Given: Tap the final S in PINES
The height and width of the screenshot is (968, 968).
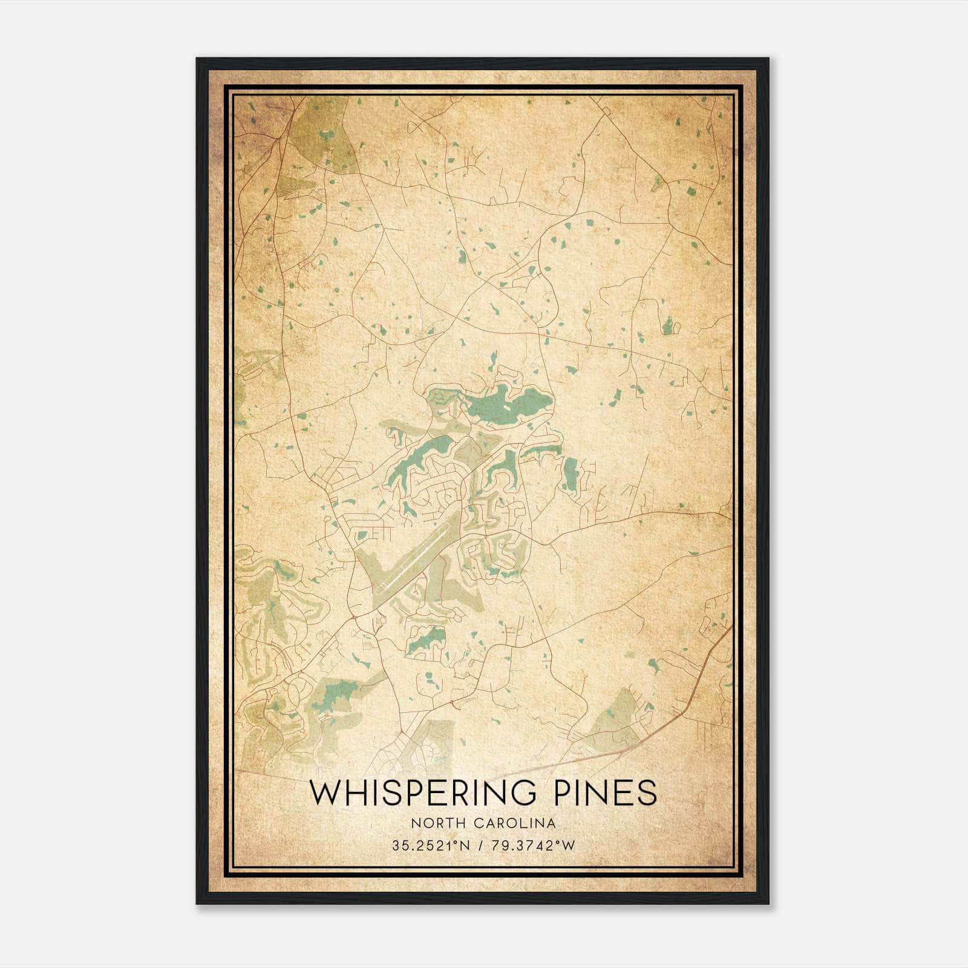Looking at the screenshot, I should (x=647, y=793).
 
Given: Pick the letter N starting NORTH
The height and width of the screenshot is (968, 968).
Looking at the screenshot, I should (x=414, y=823).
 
